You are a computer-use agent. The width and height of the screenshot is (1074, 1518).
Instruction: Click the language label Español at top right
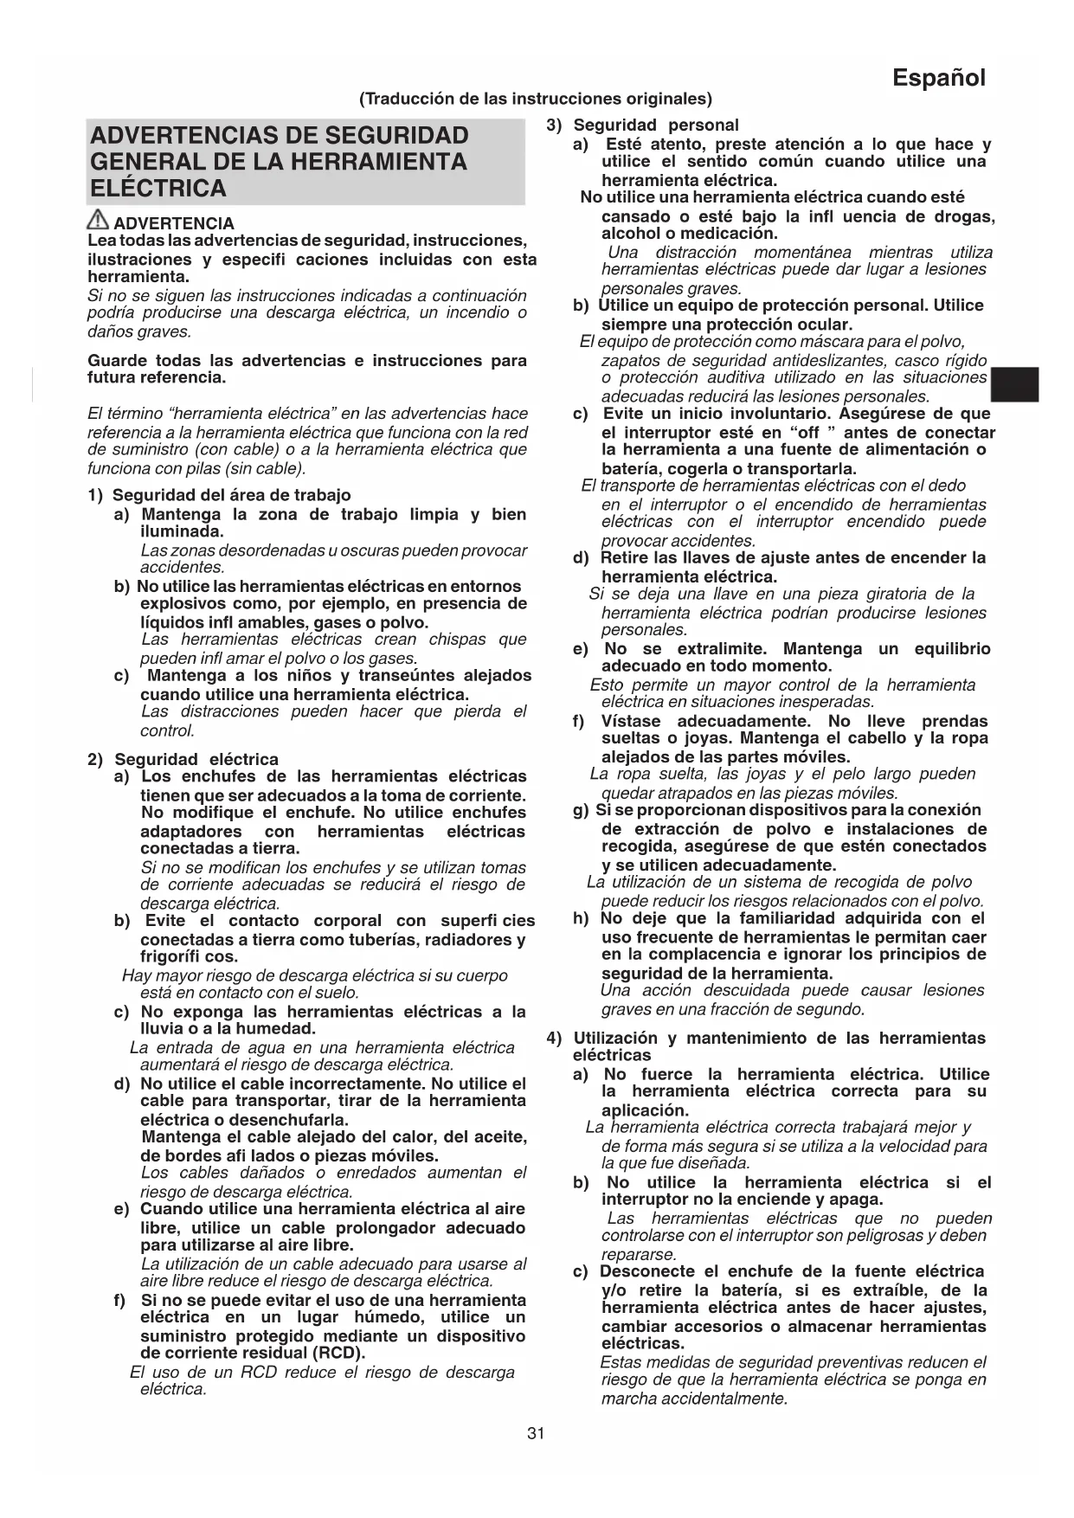tap(939, 78)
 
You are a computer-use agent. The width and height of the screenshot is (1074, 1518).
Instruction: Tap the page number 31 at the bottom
tap(536, 1433)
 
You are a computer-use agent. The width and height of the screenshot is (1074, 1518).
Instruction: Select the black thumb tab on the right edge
tap(1014, 385)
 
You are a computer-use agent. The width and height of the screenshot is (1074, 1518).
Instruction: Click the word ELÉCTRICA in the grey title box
tap(158, 188)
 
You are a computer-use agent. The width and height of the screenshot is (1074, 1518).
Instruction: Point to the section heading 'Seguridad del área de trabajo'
tap(231, 495)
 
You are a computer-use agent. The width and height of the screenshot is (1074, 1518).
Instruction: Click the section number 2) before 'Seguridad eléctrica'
tap(95, 760)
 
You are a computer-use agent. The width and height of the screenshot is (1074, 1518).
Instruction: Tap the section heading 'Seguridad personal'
tap(656, 125)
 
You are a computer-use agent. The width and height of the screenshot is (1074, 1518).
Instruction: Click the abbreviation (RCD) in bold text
tap(336, 1354)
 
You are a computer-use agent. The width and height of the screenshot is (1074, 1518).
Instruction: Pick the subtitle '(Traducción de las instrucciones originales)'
tap(536, 99)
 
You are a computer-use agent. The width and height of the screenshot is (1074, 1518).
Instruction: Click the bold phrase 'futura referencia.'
tap(157, 378)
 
